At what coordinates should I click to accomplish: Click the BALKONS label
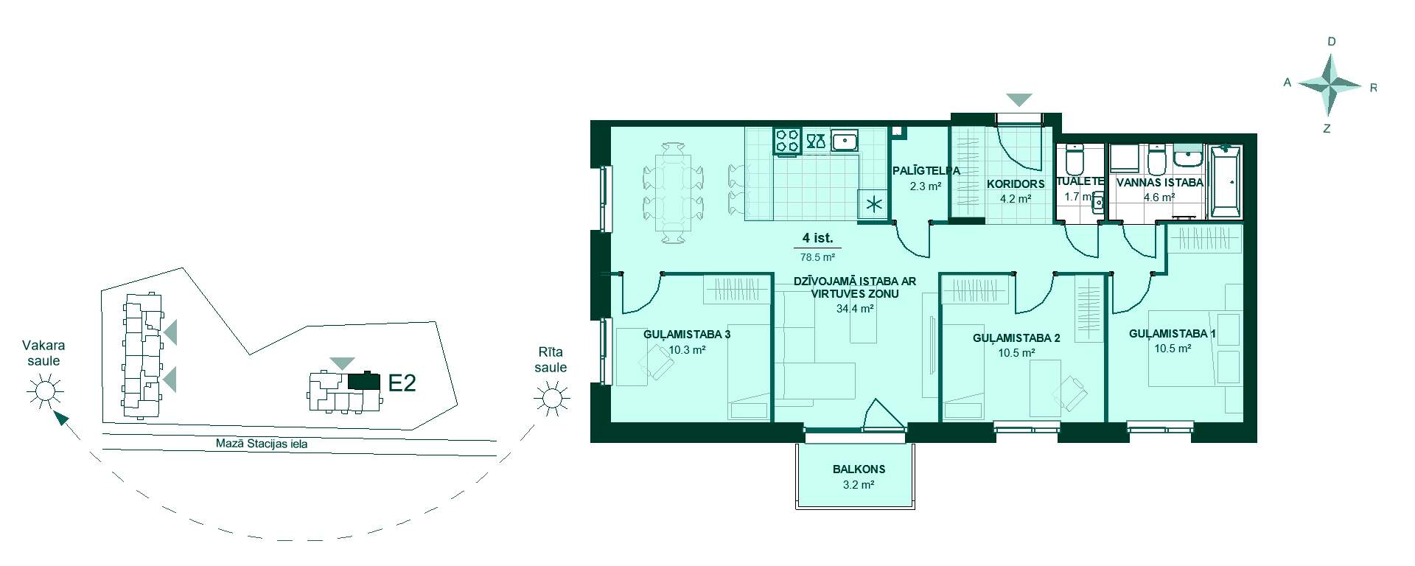click(x=859, y=469)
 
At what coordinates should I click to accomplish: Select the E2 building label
click(x=402, y=382)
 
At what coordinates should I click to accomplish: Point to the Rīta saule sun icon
click(x=551, y=399)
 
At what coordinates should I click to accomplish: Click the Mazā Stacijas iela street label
click(x=262, y=444)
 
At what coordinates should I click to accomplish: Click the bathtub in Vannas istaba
click(x=1226, y=182)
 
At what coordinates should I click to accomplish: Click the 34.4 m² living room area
click(x=855, y=309)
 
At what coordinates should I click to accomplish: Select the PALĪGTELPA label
click(x=926, y=171)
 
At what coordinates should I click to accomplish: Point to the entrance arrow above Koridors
click(x=1019, y=99)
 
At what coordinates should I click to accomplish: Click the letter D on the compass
click(x=1332, y=42)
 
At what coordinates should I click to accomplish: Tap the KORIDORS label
click(x=1016, y=184)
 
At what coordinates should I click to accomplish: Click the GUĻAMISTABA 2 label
click(x=1016, y=338)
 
